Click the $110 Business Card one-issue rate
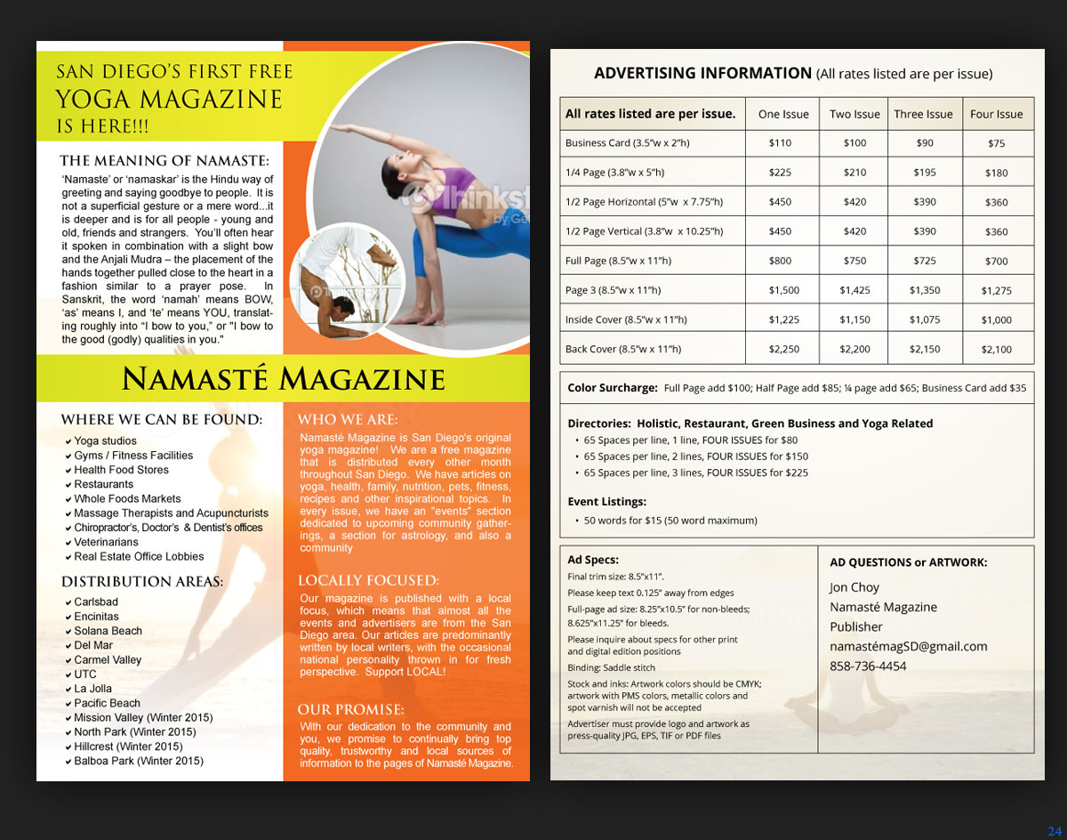780,143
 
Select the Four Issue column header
996,114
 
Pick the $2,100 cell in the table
996,350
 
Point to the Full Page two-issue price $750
854,261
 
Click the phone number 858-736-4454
868,666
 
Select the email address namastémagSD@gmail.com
908,646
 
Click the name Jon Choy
854,587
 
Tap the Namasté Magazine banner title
283,380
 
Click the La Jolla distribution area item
93,689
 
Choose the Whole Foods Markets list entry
127,499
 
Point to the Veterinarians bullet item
106,542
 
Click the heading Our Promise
351,710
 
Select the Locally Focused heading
368,581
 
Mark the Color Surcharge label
613,388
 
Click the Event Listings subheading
606,502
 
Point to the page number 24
1055,831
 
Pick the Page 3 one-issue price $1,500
783,290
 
